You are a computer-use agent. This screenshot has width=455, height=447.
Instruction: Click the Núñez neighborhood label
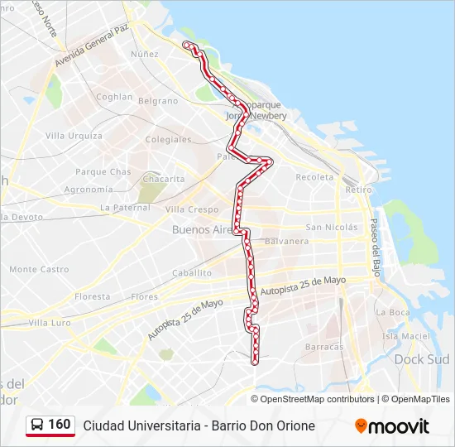click(144, 54)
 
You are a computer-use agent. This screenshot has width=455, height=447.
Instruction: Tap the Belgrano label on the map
click(158, 101)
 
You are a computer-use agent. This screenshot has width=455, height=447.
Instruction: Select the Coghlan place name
click(113, 97)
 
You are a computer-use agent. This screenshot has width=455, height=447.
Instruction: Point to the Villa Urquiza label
click(74, 136)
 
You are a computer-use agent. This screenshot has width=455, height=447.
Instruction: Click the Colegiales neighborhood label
click(169, 140)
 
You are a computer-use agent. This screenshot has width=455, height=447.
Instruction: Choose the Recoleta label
click(314, 177)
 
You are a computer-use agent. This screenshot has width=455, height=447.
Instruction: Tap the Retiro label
click(358, 190)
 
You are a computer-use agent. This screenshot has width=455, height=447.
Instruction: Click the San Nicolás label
click(331, 227)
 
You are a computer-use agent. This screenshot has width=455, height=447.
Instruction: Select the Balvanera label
click(287, 242)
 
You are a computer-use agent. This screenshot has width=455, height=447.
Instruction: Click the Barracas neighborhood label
click(323, 347)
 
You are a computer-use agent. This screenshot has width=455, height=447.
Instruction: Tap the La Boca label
click(393, 312)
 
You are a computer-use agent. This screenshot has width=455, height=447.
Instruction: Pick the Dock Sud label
click(421, 359)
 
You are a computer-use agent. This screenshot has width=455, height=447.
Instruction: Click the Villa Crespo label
click(192, 209)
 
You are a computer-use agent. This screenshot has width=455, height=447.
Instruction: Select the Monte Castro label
click(39, 269)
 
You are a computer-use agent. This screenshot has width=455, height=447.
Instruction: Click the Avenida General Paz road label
click(92, 47)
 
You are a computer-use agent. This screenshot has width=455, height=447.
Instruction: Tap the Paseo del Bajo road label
click(375, 248)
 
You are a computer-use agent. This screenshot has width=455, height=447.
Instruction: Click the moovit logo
click(392, 426)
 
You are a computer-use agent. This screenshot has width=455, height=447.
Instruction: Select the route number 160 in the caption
click(60, 425)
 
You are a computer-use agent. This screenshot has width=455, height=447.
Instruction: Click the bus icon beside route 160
click(38, 425)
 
